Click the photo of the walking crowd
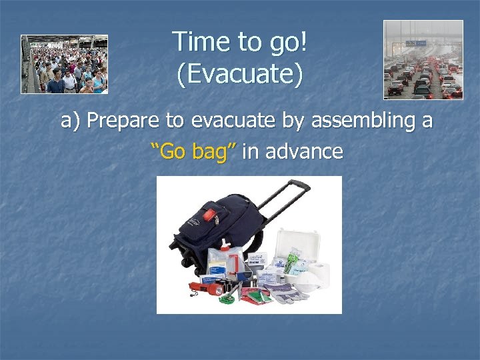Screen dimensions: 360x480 (64, 64)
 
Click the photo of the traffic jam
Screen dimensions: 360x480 (423, 59)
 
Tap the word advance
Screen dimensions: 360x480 (304, 151)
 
